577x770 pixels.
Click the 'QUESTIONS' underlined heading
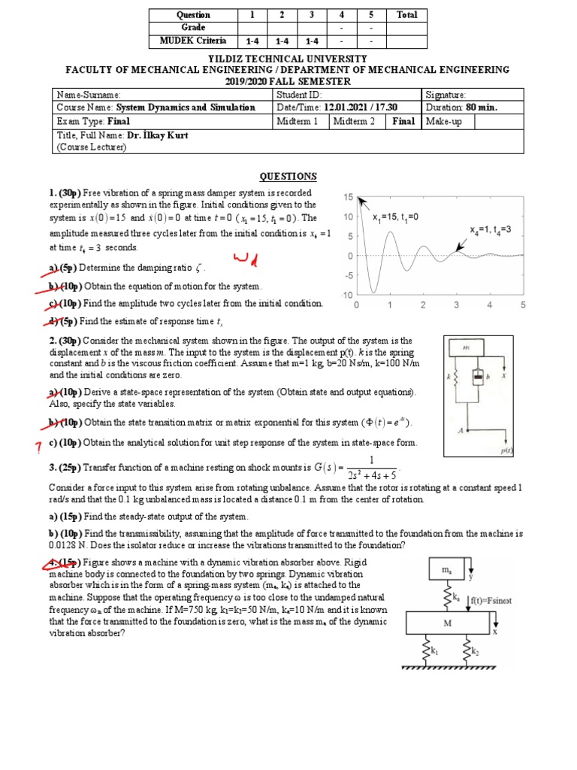288,177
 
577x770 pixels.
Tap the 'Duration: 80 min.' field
461,108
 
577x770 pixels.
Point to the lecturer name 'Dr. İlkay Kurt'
157,135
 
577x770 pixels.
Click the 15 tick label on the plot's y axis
348,197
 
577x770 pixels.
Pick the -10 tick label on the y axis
346,295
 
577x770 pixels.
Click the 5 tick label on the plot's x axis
522,305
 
